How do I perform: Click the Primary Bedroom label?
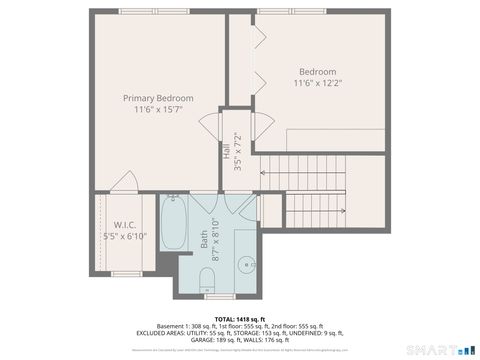pyautogui.click(x=158, y=98)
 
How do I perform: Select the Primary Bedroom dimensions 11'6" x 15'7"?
pyautogui.click(x=158, y=110)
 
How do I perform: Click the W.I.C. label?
pyautogui.click(x=125, y=224)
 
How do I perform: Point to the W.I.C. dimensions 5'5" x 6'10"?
pyautogui.click(x=125, y=237)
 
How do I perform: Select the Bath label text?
pyautogui.click(x=203, y=239)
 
